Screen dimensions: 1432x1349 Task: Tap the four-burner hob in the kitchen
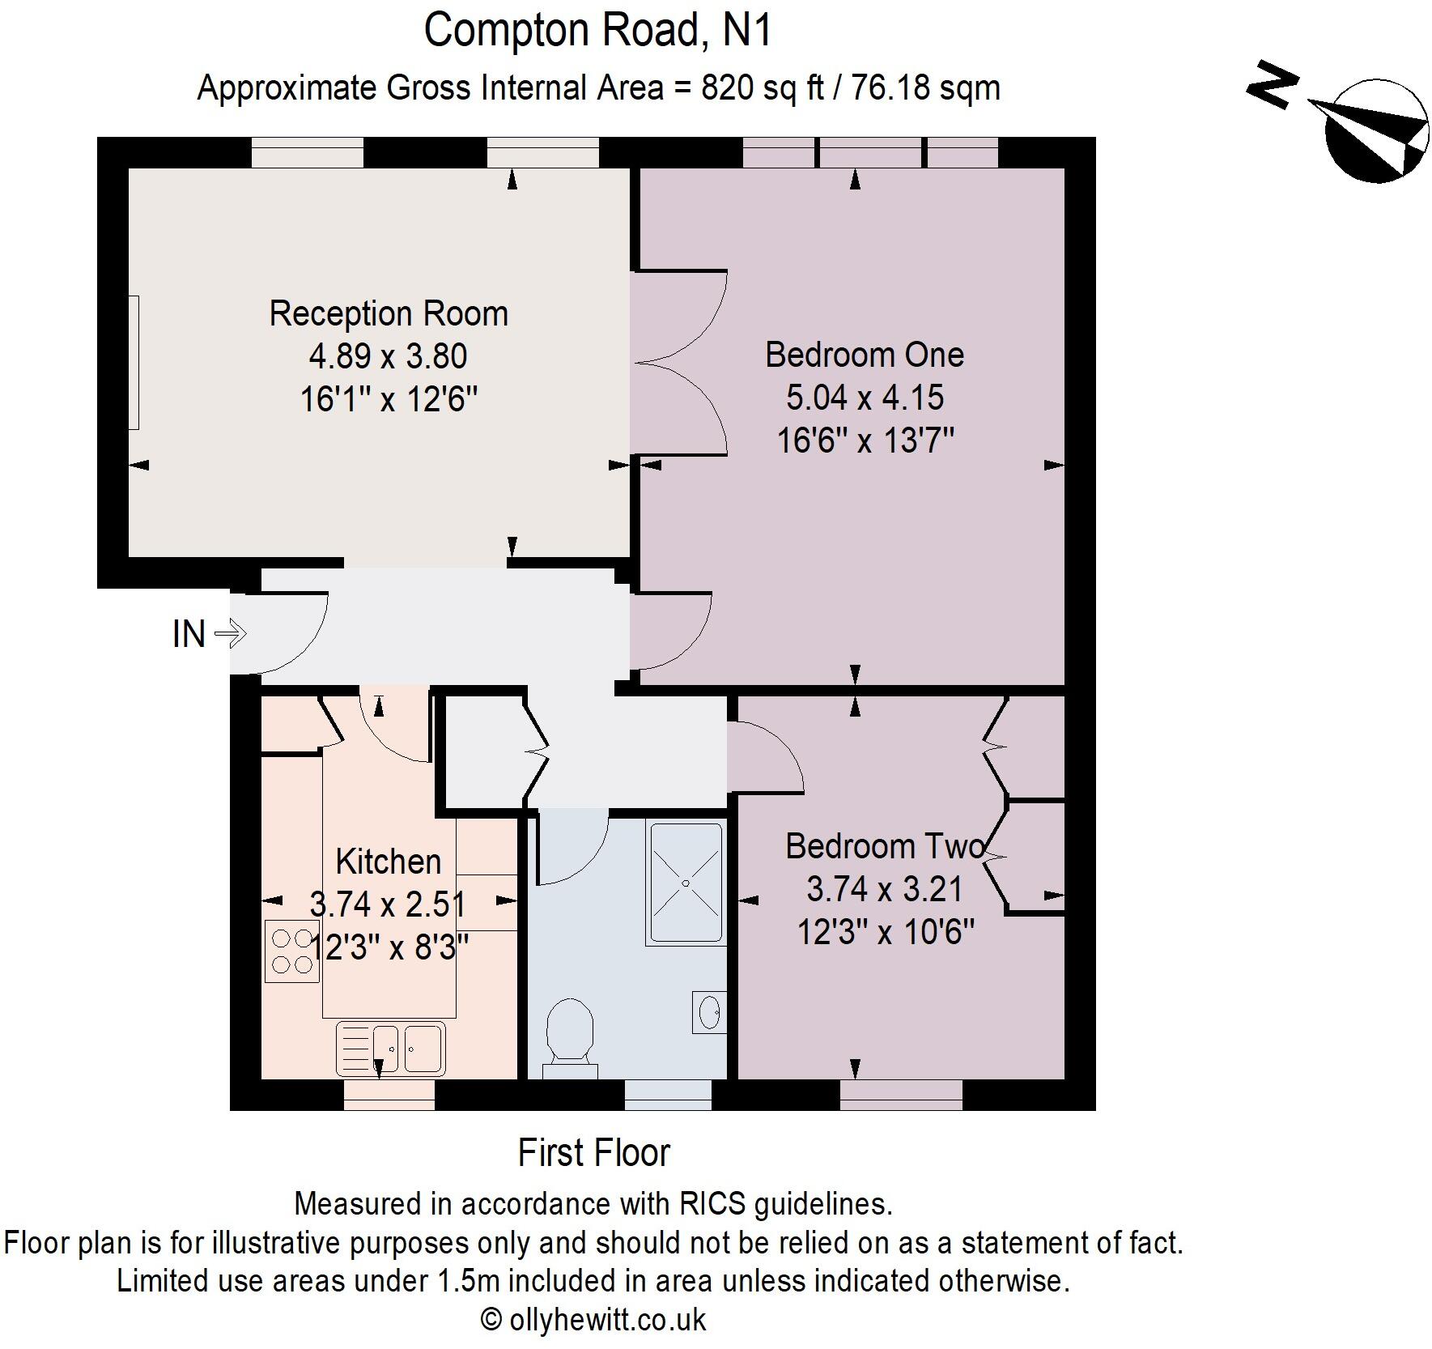(291, 951)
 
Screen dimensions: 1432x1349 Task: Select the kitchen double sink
(390, 1049)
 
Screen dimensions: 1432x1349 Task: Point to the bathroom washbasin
(709, 1011)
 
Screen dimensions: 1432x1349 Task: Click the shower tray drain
(685, 883)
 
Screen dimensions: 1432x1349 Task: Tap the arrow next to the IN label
(230, 633)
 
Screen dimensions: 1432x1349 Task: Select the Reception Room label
(389, 314)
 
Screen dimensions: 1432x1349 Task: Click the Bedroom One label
(865, 355)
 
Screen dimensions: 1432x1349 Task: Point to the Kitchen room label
(389, 862)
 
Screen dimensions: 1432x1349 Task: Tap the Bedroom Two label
(885, 846)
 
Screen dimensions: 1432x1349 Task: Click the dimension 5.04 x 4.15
(865, 398)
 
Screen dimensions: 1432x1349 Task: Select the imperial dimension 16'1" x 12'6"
(389, 399)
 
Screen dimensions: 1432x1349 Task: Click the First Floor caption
(594, 1153)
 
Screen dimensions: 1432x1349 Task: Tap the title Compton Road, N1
(598, 31)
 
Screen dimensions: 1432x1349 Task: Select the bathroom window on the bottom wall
(668, 1094)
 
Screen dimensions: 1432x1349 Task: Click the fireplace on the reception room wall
(134, 362)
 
